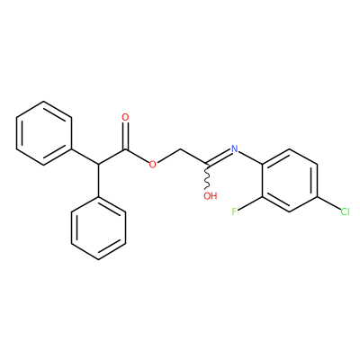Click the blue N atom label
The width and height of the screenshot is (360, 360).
(x=234, y=148)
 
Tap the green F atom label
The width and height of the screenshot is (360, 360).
(x=234, y=211)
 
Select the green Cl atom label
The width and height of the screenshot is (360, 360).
(x=345, y=211)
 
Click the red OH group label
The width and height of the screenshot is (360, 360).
(x=210, y=196)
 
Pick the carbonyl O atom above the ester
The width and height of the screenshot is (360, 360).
(x=125, y=117)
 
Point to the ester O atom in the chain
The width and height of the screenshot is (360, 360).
(x=153, y=164)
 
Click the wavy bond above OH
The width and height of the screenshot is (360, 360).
(x=207, y=176)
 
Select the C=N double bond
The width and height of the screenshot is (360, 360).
(x=218, y=157)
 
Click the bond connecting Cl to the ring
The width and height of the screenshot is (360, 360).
(x=328, y=202)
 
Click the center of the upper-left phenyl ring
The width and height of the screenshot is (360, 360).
(x=44, y=133)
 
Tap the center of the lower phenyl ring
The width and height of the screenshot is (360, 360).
(x=98, y=228)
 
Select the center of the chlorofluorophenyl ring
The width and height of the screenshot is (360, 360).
(x=290, y=180)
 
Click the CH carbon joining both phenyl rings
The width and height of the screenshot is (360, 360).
(x=98, y=165)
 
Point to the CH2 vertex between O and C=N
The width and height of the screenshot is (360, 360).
(x=180, y=148)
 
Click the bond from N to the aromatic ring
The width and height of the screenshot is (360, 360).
(x=250, y=157)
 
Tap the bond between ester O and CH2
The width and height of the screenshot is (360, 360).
(x=168, y=156)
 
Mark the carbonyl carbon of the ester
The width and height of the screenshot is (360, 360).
(x=125, y=149)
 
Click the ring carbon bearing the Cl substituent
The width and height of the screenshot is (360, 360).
(x=317, y=196)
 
